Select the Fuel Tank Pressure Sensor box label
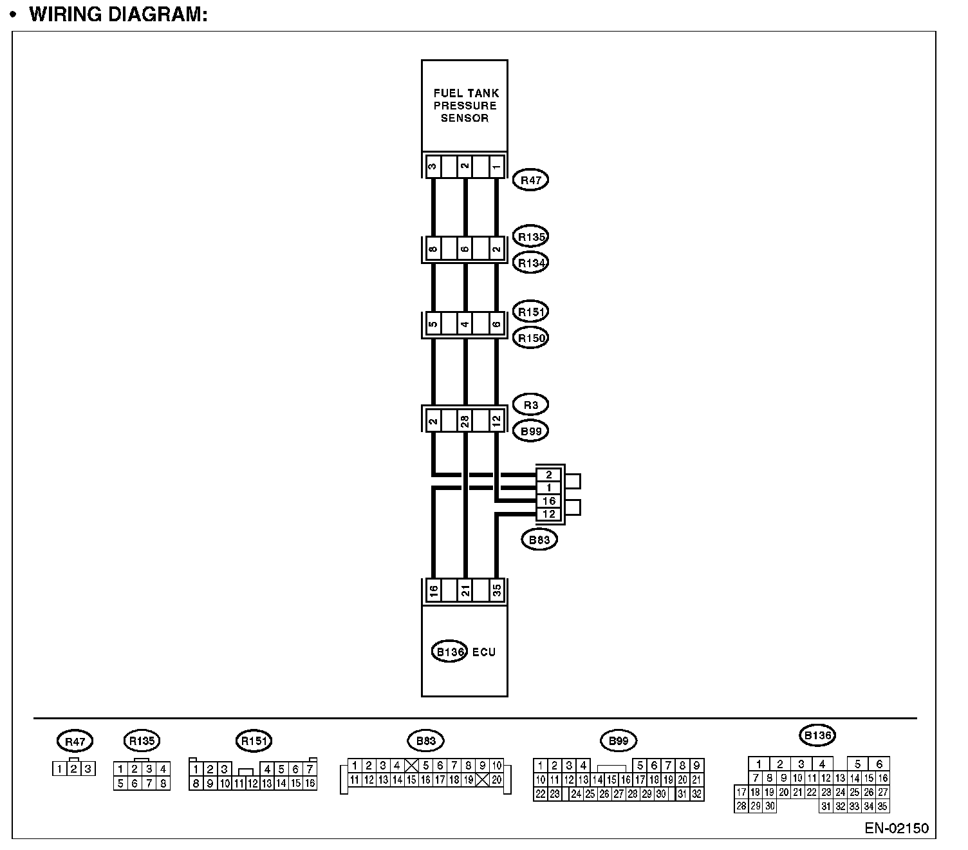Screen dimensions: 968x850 pos(465,106)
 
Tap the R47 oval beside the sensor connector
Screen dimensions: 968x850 pos(530,180)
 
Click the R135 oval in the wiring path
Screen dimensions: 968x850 pos(531,237)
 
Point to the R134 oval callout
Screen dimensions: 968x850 pos(531,263)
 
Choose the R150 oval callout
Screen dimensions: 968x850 pos(531,337)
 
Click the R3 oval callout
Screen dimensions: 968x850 pos(531,405)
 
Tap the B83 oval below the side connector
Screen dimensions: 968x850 pos(539,540)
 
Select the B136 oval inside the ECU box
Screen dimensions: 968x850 pos(449,652)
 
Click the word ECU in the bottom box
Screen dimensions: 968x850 pos(484,652)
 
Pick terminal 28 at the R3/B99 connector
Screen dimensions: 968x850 pos(465,422)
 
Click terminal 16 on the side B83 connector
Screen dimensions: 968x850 pos(549,501)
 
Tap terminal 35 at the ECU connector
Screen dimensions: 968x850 pos(496,590)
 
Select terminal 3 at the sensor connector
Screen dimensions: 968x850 pos(433,166)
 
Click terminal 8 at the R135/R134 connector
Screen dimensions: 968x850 pos(433,249)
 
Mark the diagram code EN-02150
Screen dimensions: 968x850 pos(897,828)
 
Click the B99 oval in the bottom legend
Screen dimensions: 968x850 pos(618,741)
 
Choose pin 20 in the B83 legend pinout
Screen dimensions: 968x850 pos(496,780)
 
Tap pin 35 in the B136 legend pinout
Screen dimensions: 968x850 pos(882,806)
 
